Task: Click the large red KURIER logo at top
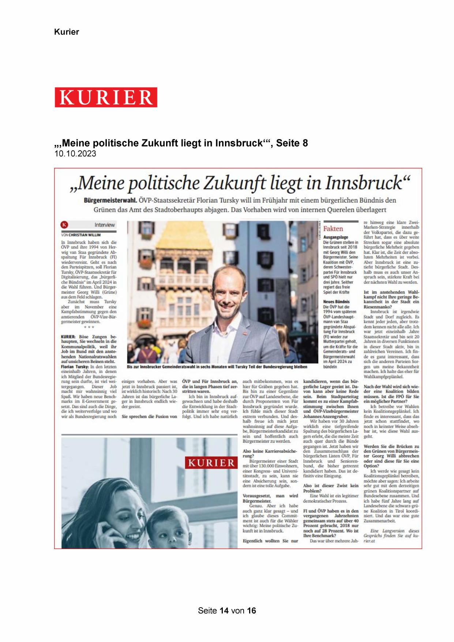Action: point(106,97)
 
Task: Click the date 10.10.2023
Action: point(75,154)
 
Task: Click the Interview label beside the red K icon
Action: point(104,225)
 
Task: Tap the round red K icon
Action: point(65,225)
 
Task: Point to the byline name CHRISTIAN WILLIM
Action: point(85,235)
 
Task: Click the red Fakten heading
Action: point(333,229)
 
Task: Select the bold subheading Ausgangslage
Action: point(335,237)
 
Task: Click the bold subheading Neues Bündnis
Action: point(336,302)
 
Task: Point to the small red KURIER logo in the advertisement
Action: point(211,463)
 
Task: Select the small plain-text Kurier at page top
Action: point(67,32)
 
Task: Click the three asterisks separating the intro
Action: point(89,327)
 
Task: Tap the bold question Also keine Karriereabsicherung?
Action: point(270,453)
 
